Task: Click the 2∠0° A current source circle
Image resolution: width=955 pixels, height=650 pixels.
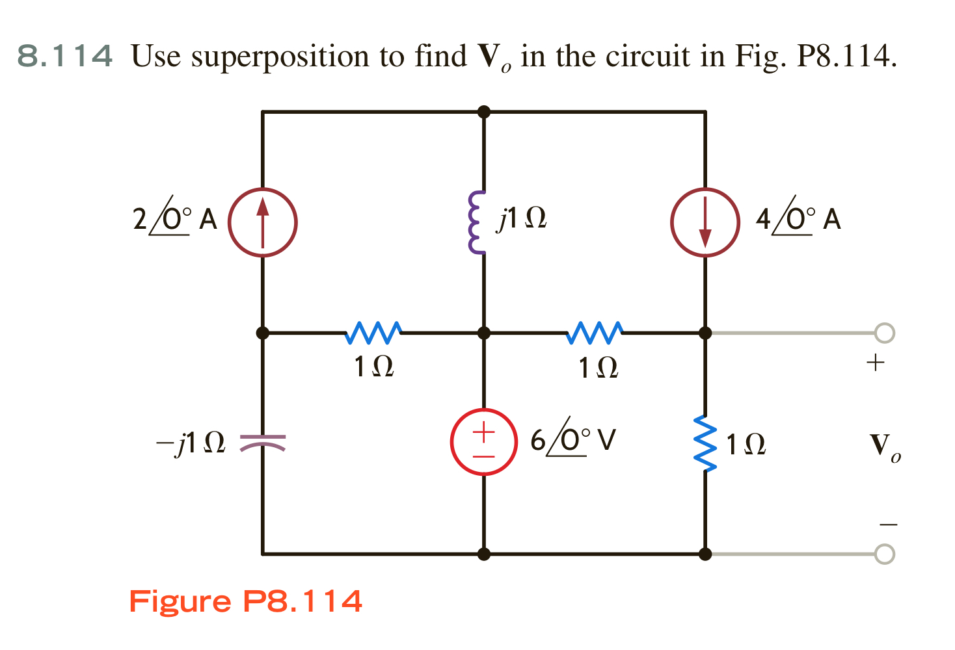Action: [262, 222]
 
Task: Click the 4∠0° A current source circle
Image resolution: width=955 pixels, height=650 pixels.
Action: [705, 222]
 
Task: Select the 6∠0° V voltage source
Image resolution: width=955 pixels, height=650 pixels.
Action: [483, 442]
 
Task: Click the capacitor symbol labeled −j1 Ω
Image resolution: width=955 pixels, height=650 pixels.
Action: [263, 443]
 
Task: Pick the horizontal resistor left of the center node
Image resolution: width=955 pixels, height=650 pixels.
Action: [373, 333]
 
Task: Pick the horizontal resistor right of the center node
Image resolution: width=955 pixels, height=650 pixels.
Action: [595, 333]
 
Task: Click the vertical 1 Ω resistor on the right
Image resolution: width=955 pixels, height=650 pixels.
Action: [705, 443]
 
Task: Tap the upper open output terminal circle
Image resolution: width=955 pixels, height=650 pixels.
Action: [884, 333]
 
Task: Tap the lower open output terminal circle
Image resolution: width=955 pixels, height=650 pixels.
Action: [884, 554]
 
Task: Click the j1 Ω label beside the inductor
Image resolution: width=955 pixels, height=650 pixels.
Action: [522, 218]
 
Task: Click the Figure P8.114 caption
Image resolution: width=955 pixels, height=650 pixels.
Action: [245, 601]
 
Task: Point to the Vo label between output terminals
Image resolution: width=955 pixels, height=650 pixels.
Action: [885, 447]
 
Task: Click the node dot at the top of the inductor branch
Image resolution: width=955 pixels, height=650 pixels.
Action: [483, 112]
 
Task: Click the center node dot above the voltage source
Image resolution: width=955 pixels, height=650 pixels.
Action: [483, 333]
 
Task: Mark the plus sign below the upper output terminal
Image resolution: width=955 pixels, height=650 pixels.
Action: [876, 362]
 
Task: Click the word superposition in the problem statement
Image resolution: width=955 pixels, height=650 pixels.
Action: [281, 57]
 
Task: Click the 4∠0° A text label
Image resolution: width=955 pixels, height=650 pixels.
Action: [798, 219]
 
